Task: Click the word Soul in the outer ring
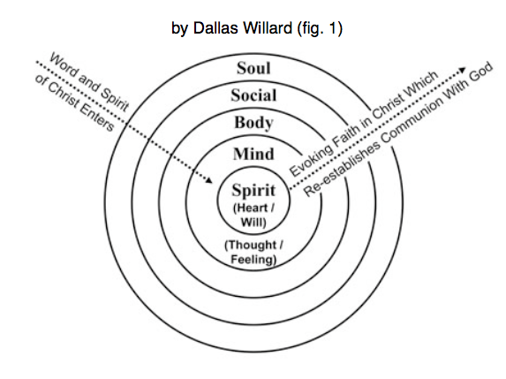[x=253, y=68]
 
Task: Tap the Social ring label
[x=253, y=95]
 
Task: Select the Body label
[x=253, y=123]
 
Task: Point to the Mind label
[x=253, y=154]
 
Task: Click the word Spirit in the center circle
[x=253, y=190]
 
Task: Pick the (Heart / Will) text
[x=253, y=215]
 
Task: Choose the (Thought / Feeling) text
[x=253, y=252]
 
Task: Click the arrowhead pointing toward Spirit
[x=209, y=180]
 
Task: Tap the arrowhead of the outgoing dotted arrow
[x=463, y=70]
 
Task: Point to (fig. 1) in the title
[x=320, y=28]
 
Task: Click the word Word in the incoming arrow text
[x=64, y=66]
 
